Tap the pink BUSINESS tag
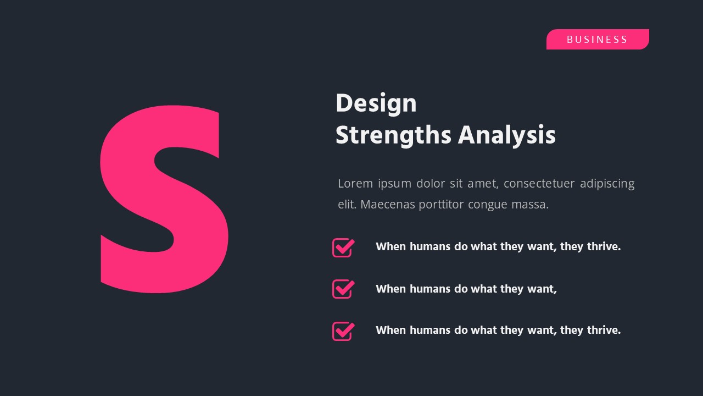597,40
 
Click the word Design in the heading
376,103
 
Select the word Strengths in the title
393,135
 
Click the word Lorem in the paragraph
355,183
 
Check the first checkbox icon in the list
343,248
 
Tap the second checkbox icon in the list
343,289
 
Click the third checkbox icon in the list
343,331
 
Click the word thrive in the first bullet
602,246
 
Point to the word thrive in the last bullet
602,330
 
